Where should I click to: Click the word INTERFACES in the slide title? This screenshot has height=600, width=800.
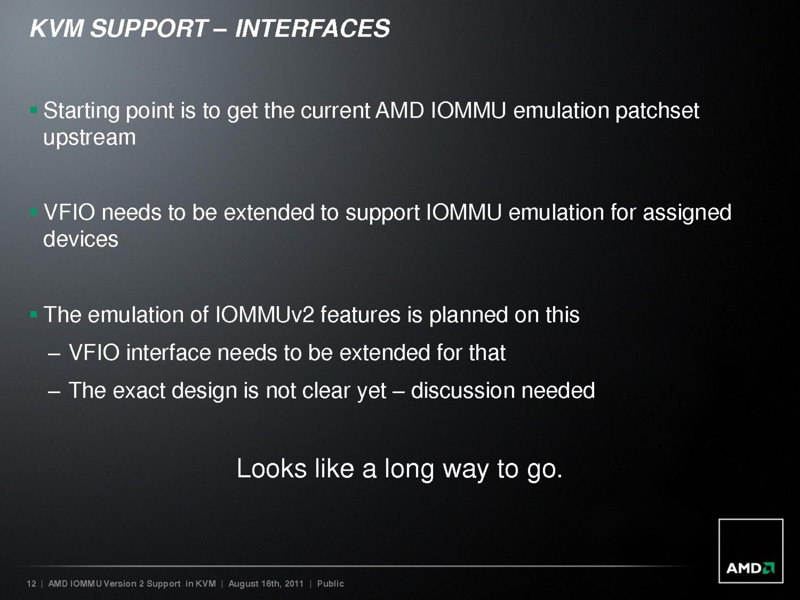coord(312,28)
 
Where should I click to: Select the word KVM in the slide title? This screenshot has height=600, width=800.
coord(57,28)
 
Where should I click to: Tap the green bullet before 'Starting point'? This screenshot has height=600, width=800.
coord(34,110)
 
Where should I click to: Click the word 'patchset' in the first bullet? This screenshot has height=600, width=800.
coord(657,111)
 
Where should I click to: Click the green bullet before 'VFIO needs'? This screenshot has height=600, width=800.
coord(34,212)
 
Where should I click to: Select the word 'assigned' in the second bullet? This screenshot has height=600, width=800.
coord(687,213)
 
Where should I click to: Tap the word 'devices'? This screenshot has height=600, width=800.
coord(80,239)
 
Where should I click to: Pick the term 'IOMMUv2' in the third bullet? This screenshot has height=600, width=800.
coord(264,314)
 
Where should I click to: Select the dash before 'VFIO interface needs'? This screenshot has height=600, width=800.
coord(53,354)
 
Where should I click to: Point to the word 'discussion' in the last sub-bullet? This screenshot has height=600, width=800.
coord(462,390)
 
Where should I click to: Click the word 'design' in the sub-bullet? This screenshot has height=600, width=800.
coord(204,391)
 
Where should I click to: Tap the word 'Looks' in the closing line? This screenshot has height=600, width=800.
coord(271,468)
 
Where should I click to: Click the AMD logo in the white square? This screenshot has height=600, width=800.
coord(750,568)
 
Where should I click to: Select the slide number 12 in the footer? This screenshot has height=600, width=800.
coord(31,583)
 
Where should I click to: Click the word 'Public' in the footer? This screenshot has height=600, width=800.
coord(330,583)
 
